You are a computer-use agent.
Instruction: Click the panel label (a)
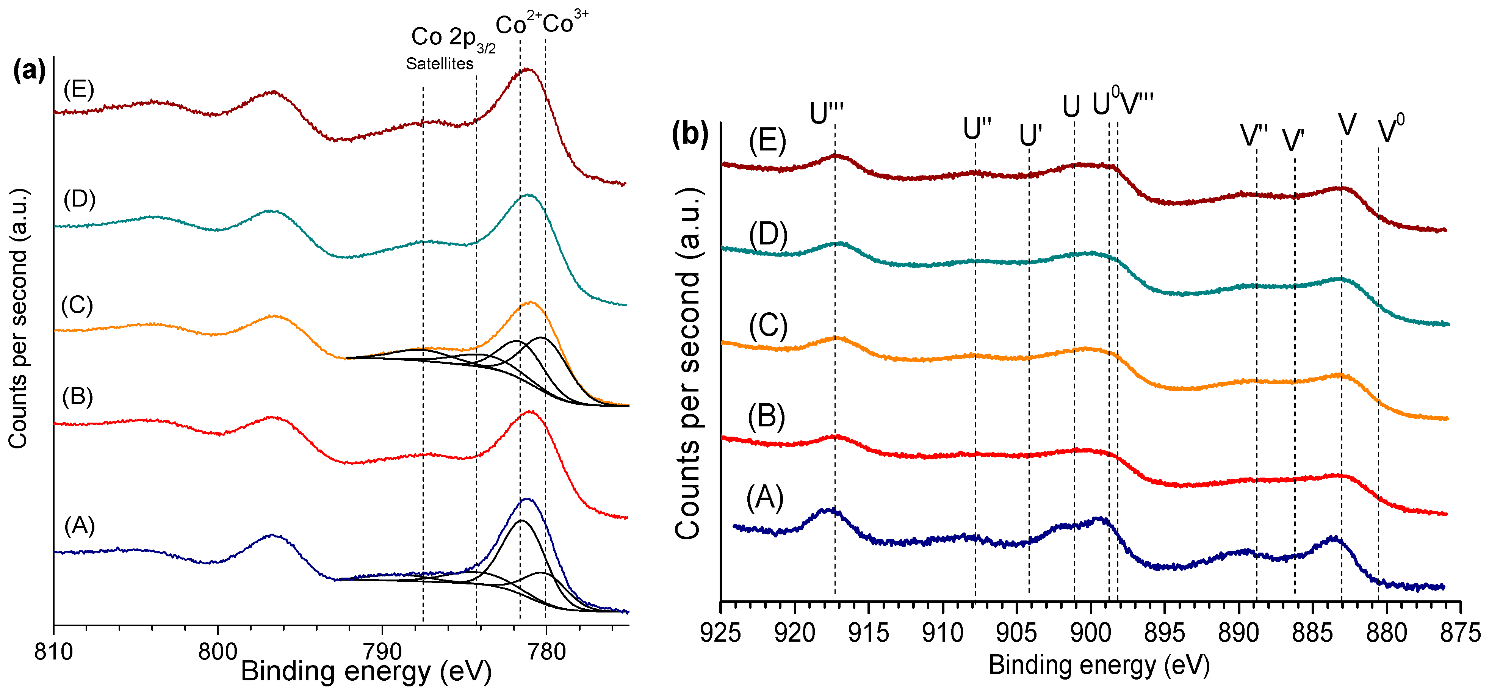click(x=29, y=70)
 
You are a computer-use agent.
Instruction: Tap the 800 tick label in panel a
click(x=217, y=652)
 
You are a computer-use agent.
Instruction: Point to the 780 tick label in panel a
click(x=546, y=652)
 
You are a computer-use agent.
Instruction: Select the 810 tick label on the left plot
click(x=53, y=652)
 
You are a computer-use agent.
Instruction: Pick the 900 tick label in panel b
click(x=1090, y=633)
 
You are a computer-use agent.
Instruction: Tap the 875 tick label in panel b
click(x=1460, y=633)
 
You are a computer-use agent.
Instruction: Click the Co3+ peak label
click(x=565, y=23)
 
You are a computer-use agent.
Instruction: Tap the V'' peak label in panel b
click(x=1254, y=136)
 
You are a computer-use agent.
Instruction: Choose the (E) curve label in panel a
click(x=78, y=89)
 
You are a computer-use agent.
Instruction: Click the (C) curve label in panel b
click(x=768, y=326)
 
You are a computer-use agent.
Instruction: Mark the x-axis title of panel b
click(x=1099, y=665)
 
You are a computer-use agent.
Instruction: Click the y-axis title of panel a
click(x=19, y=318)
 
